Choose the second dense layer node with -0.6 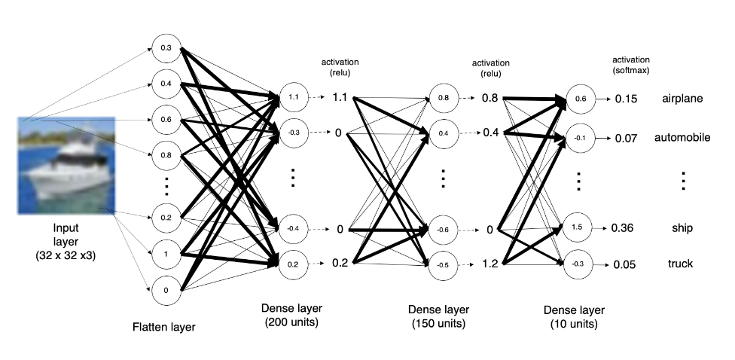[x=443, y=230]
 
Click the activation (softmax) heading [x=631, y=65]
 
